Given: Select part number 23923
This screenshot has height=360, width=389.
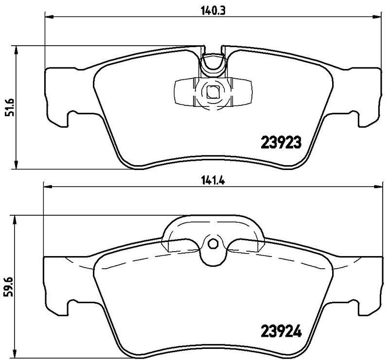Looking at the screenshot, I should [283, 142].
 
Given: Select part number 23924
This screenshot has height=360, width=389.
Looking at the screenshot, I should [283, 333].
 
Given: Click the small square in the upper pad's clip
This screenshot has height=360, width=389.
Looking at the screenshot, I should [212, 91].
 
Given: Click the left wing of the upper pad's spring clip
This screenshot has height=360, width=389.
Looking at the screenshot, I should [185, 91].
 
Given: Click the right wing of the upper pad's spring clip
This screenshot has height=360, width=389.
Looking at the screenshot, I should [241, 91].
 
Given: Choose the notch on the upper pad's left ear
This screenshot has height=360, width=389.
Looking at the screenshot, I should [70, 117].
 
